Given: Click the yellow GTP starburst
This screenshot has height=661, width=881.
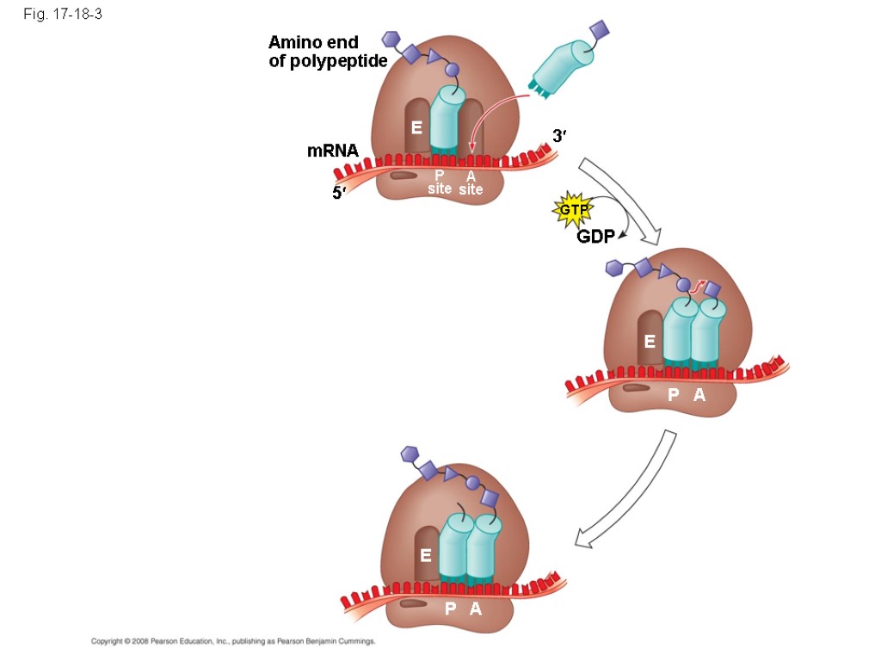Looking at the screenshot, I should coord(571,210).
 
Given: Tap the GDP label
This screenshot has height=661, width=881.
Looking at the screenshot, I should coord(595,237).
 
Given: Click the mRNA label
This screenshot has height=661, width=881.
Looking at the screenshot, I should coord(332,151).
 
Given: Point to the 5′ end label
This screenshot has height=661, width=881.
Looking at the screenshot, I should coord(340,193).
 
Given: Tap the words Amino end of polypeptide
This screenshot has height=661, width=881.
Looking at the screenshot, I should coord(327,52).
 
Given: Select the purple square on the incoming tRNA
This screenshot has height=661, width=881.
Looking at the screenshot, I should coord(601,31).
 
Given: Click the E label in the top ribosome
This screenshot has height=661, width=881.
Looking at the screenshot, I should coord(416,128).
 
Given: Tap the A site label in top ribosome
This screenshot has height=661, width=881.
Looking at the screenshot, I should coord(471,182).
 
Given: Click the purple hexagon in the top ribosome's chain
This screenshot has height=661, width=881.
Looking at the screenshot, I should coord(391,39).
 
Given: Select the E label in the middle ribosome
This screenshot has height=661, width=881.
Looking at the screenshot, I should coord(650,342).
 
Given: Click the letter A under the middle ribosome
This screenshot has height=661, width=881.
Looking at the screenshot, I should coord(699,395).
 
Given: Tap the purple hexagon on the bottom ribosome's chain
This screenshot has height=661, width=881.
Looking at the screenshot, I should coord(410,454).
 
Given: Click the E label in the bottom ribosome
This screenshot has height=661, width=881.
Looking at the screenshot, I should coord(425,556).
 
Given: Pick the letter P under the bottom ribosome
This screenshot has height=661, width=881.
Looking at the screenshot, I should coord(451,609).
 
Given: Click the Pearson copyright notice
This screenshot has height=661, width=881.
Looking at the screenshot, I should coord(234,641).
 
